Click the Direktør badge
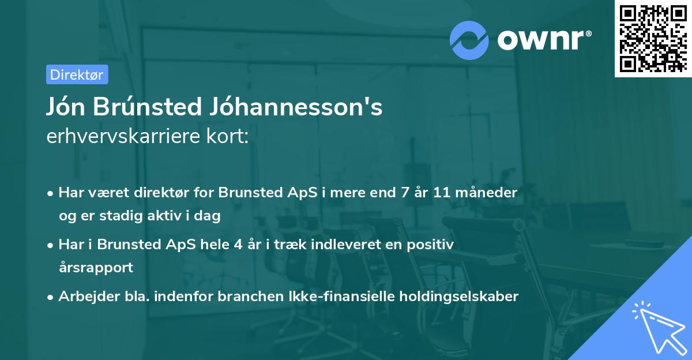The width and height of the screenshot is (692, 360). [x=77, y=74]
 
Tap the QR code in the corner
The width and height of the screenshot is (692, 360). [x=653, y=39]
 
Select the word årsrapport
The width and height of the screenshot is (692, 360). [x=96, y=268]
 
